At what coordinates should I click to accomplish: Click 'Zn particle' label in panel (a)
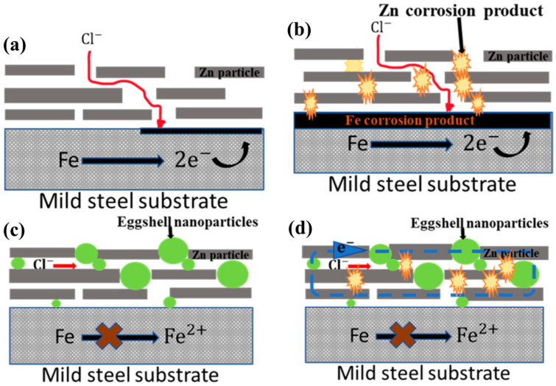tap(223, 73)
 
